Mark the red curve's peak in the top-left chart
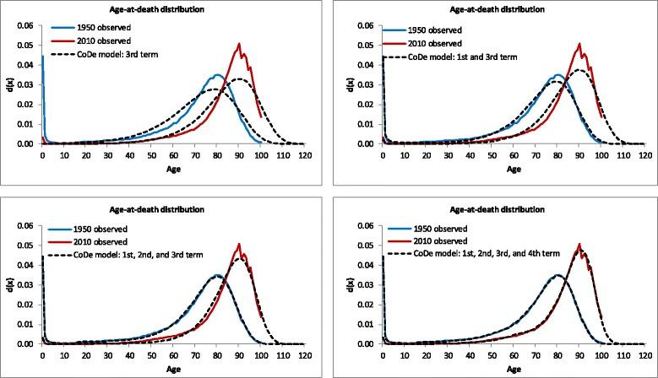(x=240, y=44)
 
